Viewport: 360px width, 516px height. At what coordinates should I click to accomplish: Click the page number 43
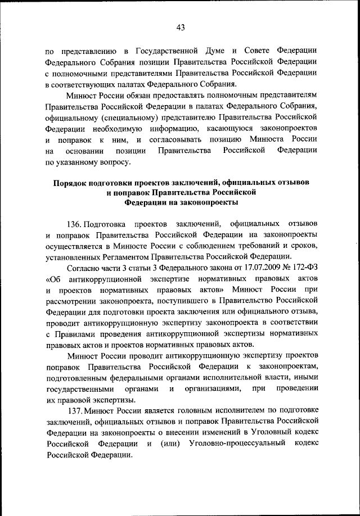coord(180,26)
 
